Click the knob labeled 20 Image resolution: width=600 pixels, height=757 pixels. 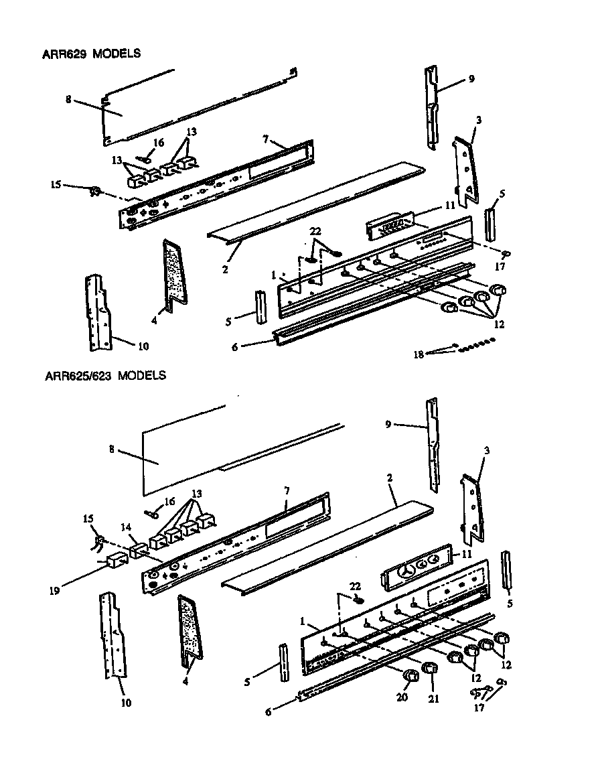(x=410, y=675)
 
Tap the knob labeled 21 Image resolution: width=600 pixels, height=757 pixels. (x=429, y=668)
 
